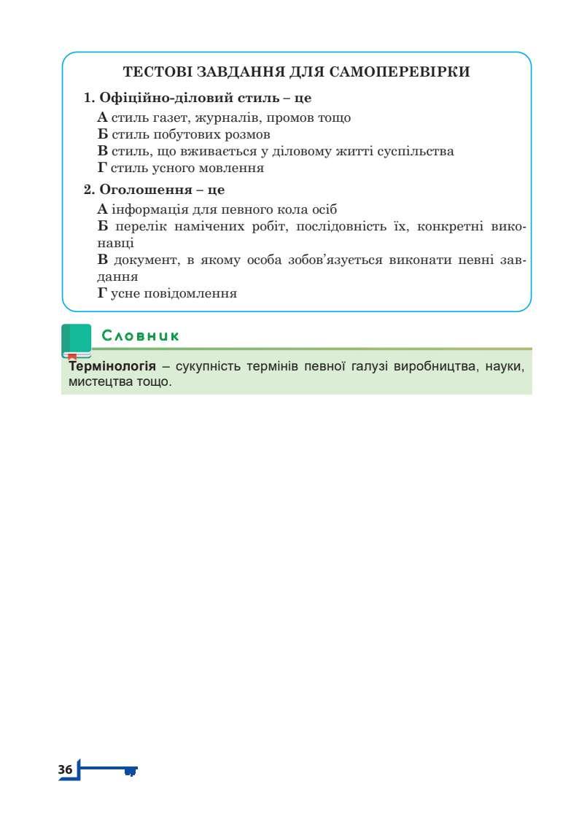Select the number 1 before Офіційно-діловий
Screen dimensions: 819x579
click(x=88, y=98)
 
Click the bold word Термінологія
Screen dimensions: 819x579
click(x=112, y=365)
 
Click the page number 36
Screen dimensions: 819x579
click(x=65, y=769)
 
